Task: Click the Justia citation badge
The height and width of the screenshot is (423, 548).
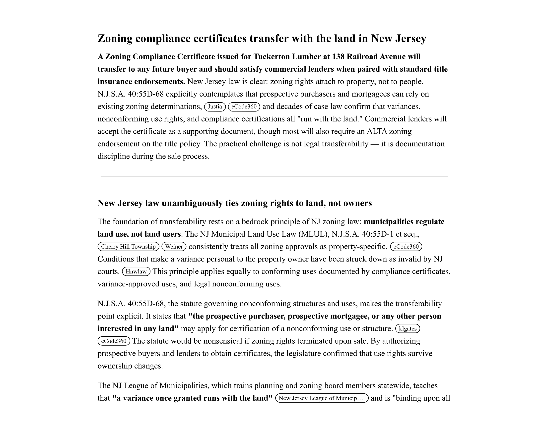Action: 215,107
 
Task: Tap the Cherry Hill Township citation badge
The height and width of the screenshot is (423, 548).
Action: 128,247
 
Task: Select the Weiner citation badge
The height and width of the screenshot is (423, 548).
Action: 174,247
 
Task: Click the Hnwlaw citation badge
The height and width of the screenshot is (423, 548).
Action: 136,272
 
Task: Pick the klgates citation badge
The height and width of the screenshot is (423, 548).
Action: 408,328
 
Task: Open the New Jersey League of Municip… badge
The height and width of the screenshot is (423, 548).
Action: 322,398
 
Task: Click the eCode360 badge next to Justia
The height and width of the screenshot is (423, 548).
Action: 244,107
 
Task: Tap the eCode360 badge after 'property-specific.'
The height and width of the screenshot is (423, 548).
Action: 406,247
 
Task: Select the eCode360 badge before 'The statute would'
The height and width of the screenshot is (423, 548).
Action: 114,341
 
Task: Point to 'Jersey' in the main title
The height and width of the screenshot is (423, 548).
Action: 411,39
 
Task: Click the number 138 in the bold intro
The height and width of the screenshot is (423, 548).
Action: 338,57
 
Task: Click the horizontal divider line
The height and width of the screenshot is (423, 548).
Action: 274,176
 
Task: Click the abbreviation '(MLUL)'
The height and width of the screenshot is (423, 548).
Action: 314,234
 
